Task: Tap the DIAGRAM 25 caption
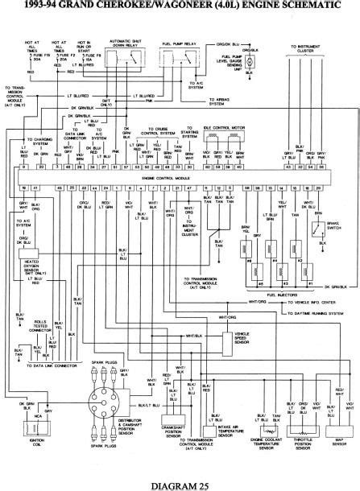(x=179, y=481)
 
